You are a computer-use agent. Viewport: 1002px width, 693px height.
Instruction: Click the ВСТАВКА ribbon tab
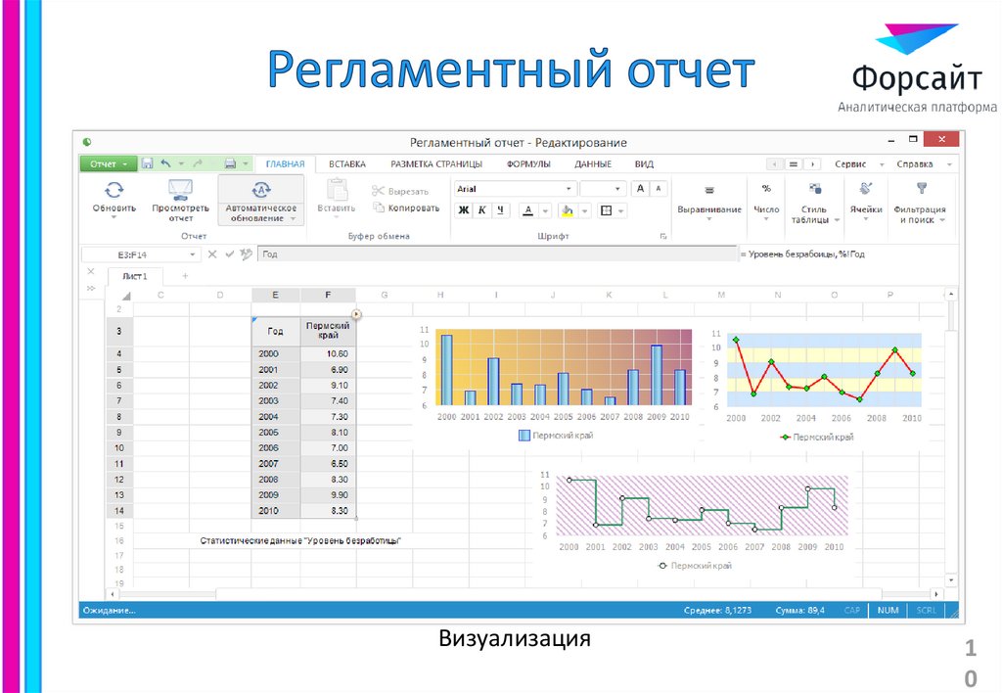click(x=347, y=164)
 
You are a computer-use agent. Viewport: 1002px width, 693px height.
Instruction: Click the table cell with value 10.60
click(x=329, y=353)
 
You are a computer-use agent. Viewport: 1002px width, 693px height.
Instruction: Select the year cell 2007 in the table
click(x=276, y=463)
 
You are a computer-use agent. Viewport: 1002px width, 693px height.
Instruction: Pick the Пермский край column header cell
click(x=329, y=330)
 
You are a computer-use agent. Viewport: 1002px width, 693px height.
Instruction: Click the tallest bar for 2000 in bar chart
click(x=446, y=370)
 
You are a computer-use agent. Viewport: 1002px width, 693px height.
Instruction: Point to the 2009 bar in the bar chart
click(x=657, y=374)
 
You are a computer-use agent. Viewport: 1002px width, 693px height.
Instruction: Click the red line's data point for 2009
click(x=894, y=349)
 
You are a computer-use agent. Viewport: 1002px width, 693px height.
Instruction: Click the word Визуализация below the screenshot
click(x=515, y=640)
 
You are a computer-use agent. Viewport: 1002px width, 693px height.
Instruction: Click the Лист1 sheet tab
click(x=134, y=277)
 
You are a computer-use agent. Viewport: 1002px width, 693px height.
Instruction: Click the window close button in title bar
click(x=940, y=141)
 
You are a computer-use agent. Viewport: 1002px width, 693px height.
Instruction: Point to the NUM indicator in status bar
click(x=888, y=610)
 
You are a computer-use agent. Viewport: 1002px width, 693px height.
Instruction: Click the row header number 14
click(x=118, y=510)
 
